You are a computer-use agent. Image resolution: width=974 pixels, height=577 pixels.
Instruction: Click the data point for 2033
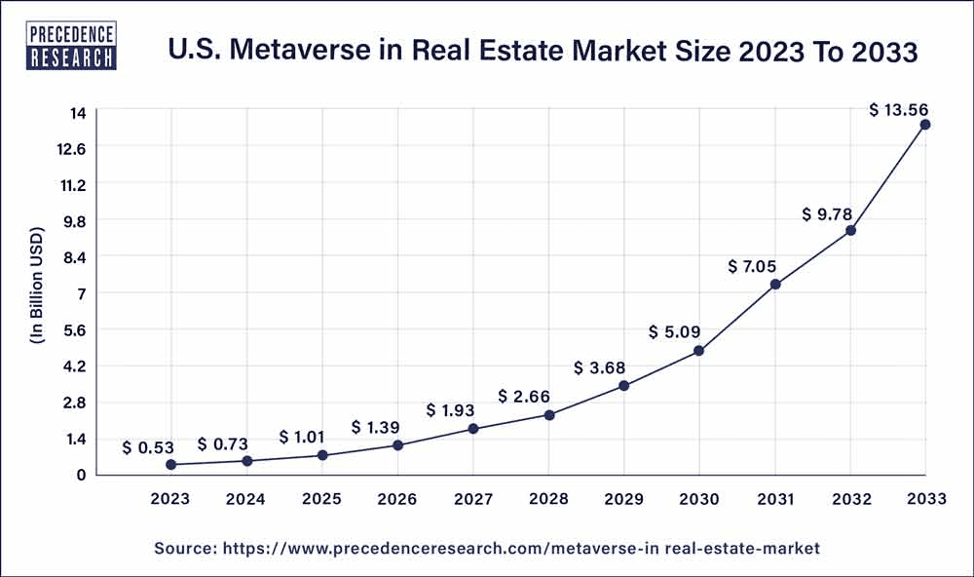[x=925, y=125]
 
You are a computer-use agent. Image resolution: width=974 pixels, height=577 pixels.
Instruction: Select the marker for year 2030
[x=698, y=351]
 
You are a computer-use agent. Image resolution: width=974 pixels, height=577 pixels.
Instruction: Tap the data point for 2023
[x=170, y=465]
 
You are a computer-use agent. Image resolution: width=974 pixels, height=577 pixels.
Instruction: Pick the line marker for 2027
[x=473, y=429]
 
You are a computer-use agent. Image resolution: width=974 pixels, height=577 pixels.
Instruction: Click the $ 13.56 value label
[x=898, y=110]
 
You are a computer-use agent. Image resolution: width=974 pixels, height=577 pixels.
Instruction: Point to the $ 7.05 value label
[x=752, y=267]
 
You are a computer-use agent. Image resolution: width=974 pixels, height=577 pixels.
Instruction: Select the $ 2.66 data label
[x=524, y=396]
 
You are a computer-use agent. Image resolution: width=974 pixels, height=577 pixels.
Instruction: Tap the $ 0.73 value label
[x=222, y=444]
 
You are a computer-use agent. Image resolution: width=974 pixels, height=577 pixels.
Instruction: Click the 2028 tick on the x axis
[x=548, y=499]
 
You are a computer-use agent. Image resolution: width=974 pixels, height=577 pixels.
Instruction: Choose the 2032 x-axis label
[x=851, y=499]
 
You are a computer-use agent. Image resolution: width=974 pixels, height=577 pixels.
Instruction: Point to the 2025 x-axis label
[x=321, y=499]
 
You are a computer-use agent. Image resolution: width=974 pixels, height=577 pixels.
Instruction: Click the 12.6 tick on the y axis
[x=73, y=149]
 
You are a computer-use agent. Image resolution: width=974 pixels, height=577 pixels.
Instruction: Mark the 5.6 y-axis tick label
[x=75, y=330]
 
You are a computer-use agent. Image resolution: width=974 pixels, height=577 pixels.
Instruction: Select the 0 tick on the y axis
[x=82, y=475]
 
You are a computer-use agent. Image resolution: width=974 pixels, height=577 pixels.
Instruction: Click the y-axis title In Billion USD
[x=37, y=286]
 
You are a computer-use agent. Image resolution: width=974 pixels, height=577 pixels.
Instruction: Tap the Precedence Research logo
[x=71, y=45]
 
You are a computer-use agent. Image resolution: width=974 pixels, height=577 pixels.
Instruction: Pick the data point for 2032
[x=851, y=231]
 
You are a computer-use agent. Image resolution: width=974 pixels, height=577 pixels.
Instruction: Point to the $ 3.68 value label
[x=599, y=368]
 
